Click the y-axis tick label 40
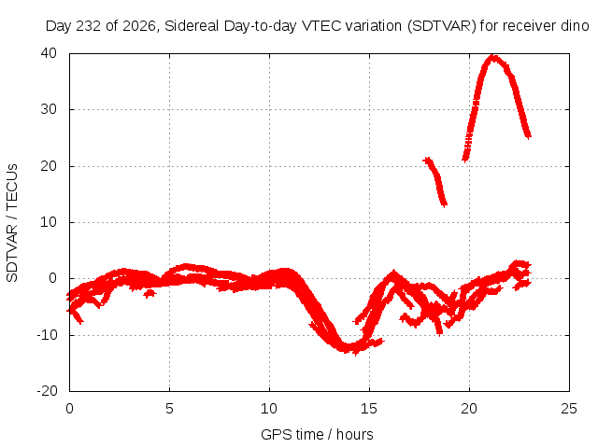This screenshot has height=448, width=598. coord(49,53)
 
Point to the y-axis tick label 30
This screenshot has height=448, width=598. coord(49,109)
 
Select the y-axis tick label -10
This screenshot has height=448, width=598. coord(47,335)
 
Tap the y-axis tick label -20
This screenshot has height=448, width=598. coord(47,391)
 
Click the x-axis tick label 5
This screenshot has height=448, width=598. coord(169,409)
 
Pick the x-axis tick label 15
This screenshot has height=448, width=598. coord(369,409)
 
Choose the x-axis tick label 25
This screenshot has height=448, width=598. coord(569,409)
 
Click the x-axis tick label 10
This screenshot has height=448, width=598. coord(269,409)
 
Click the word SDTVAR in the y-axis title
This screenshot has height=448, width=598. coord(12,253)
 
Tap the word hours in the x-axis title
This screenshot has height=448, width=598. coord(355,434)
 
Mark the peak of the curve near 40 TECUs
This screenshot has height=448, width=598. coord(493,58)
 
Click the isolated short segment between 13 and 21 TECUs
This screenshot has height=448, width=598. coord(435,182)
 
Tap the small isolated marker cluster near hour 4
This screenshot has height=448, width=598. coord(149,293)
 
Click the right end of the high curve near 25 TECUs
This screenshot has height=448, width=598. coord(528,135)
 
